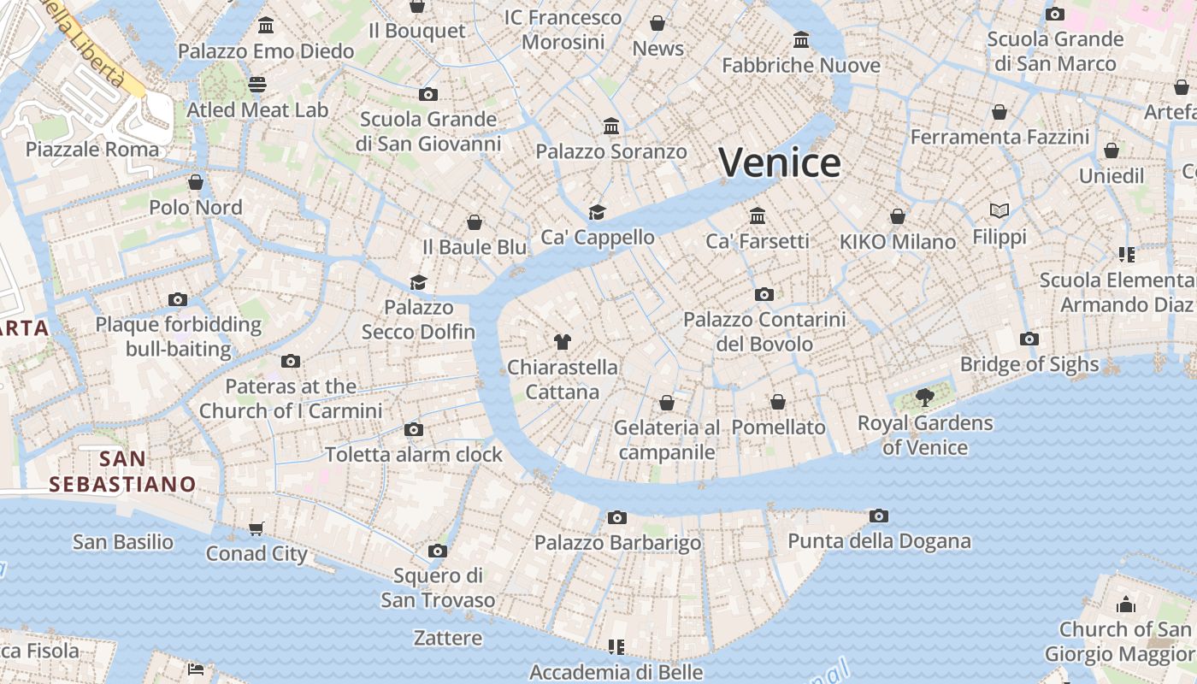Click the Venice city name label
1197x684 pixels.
pyautogui.click(x=779, y=162)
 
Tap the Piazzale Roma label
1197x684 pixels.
pyautogui.click(x=92, y=150)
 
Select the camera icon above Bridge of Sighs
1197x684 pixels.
pyautogui.click(x=1029, y=339)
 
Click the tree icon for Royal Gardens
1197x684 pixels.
pyautogui.click(x=924, y=396)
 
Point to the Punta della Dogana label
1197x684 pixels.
pyautogui.click(x=879, y=541)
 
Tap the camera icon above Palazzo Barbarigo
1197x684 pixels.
pyautogui.click(x=616, y=517)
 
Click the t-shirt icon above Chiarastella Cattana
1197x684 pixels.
pyautogui.click(x=562, y=342)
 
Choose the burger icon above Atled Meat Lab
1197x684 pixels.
pyautogui.click(x=257, y=84)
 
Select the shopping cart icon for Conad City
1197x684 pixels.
pyautogui.click(x=256, y=528)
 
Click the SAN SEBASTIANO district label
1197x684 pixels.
pyautogui.click(x=122, y=472)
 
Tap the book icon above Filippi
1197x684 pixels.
pyautogui.click(x=999, y=210)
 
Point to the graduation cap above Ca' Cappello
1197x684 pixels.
pyautogui.click(x=597, y=212)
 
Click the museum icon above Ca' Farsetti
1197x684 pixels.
pyautogui.click(x=758, y=215)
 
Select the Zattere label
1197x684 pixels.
pyautogui.click(x=447, y=638)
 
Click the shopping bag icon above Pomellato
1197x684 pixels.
pyautogui.click(x=778, y=402)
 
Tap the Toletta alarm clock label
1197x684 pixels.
pyautogui.click(x=413, y=454)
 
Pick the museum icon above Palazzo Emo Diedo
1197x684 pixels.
pyautogui.click(x=266, y=26)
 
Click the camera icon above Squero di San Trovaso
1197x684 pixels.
pyautogui.click(x=438, y=551)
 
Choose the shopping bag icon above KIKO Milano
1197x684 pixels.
pyautogui.click(x=898, y=216)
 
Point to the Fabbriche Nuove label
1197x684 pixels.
pyautogui.click(x=801, y=65)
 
